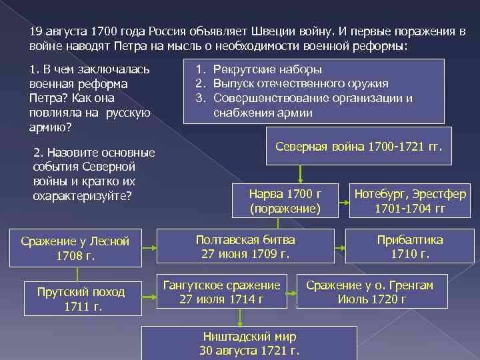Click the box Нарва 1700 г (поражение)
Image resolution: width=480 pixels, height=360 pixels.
point(285,201)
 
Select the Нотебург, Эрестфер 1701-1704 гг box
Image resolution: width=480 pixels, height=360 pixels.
point(409,201)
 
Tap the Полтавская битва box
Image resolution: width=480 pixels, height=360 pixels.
point(245,247)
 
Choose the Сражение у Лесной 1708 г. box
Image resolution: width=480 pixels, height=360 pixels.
point(75,248)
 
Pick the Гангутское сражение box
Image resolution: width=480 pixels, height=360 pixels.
point(221,291)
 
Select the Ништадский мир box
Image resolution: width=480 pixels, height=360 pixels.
point(250,343)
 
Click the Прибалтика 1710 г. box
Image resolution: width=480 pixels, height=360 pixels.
point(410,247)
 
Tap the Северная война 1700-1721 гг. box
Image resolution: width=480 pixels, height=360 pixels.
point(359,145)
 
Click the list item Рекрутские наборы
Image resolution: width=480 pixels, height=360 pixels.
point(267,69)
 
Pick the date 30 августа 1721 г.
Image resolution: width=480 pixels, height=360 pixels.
point(249,351)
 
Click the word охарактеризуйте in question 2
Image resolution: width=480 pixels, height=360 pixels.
point(81,196)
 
